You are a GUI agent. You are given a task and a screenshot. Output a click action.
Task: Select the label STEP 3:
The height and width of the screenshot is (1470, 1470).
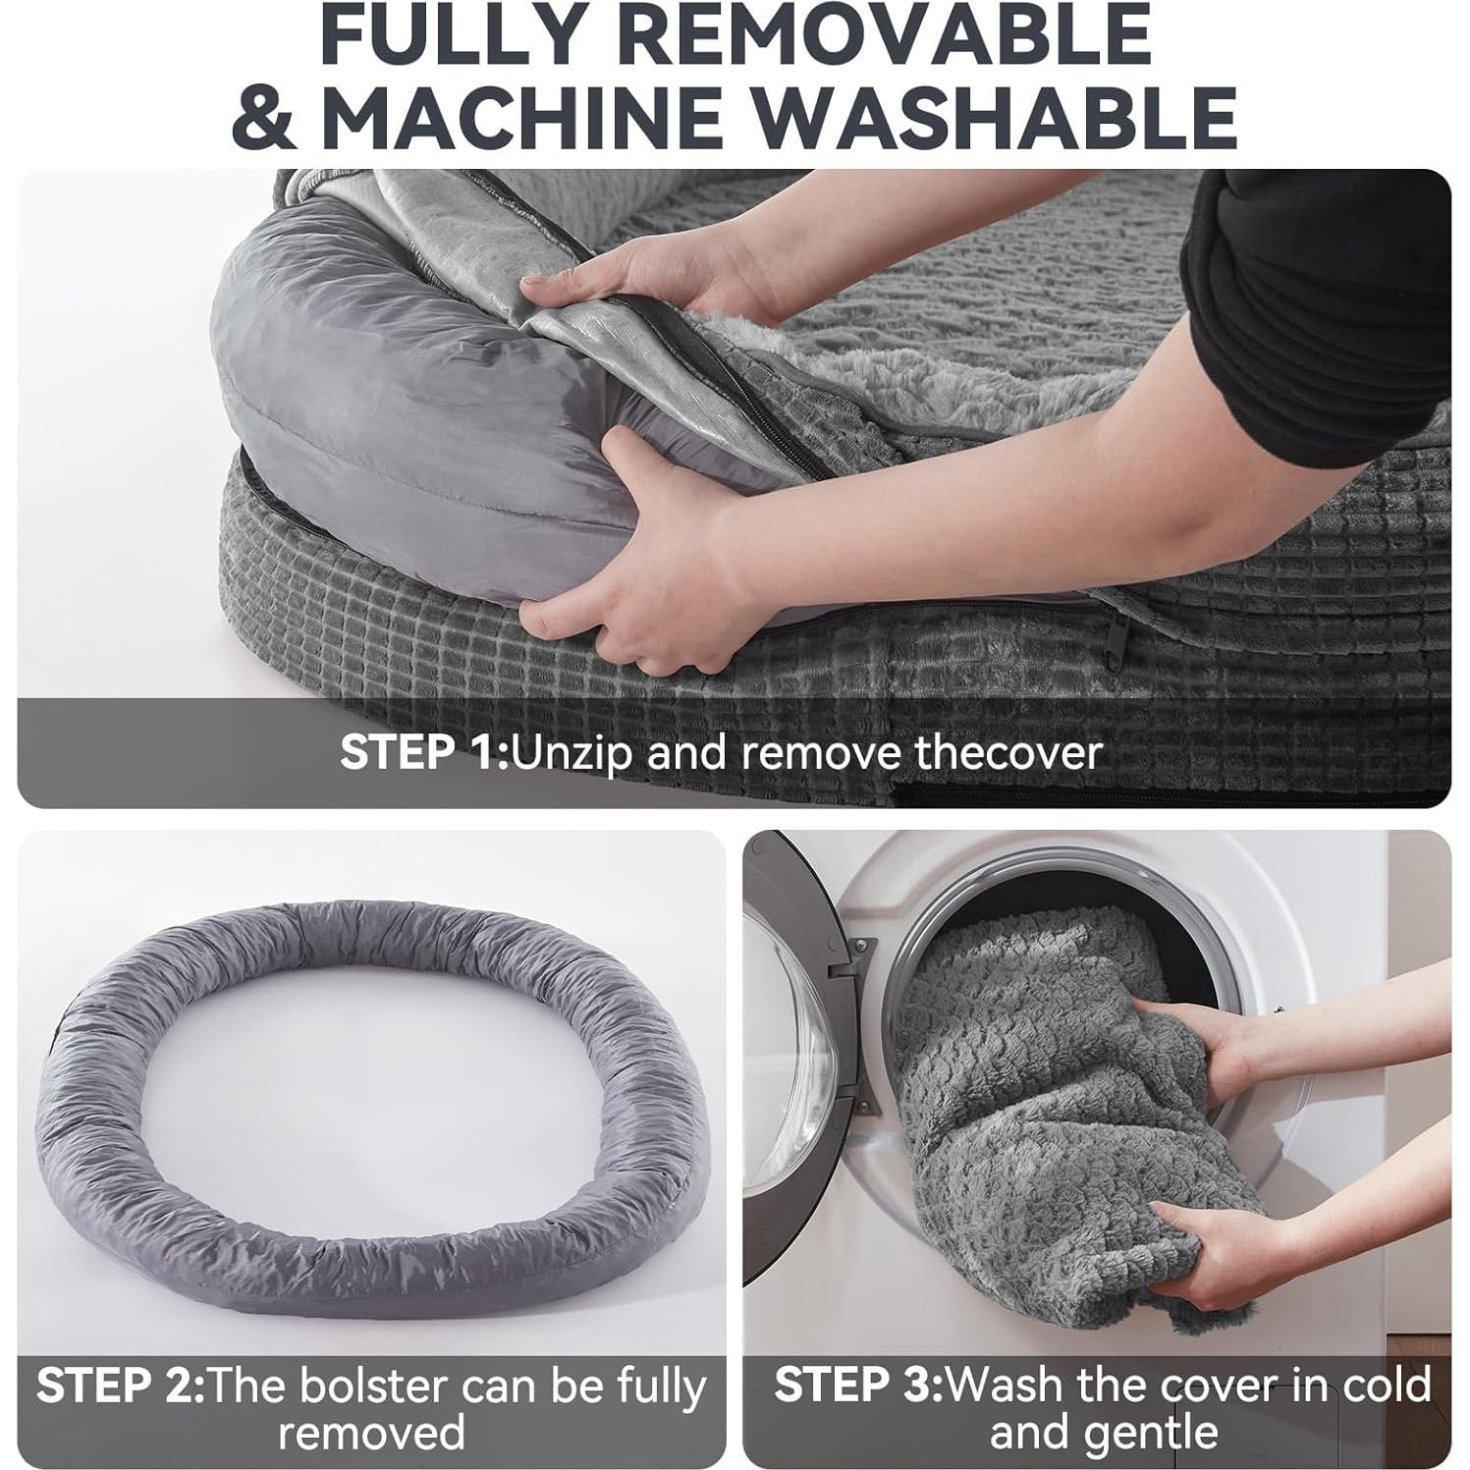857,1386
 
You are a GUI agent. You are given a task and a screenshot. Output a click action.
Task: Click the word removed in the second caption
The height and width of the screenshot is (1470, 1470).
371,1433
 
